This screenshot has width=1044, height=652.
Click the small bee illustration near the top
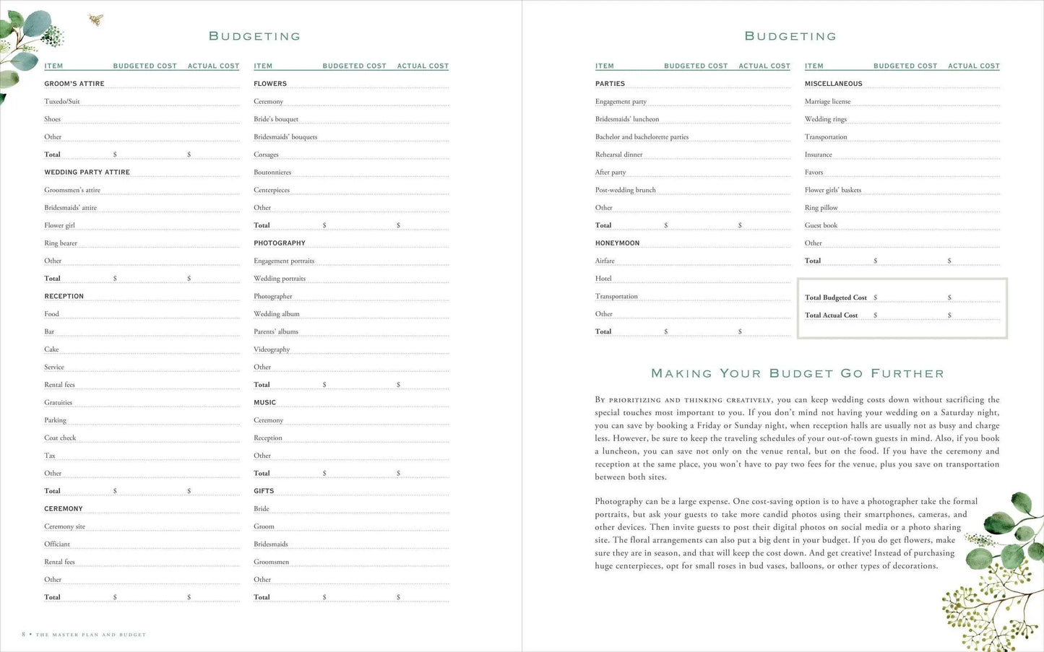[x=95, y=19]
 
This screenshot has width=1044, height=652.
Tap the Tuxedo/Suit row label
[x=62, y=102]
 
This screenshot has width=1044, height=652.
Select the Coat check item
[x=60, y=438]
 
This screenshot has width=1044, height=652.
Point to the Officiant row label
[x=57, y=544]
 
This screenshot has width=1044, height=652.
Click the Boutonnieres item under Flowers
[x=272, y=173]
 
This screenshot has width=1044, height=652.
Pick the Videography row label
[x=272, y=349]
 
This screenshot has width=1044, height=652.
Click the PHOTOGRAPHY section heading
[x=280, y=243]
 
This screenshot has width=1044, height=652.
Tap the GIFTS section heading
[x=264, y=491]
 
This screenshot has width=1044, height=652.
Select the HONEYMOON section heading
[x=617, y=243]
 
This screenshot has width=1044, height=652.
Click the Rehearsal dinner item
[x=618, y=155]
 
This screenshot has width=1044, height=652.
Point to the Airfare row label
[x=605, y=261]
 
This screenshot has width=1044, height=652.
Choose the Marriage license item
[x=827, y=102]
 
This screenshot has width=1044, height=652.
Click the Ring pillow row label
[x=821, y=208]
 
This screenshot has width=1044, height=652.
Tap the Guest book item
[x=821, y=225]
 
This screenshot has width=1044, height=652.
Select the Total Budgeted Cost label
[x=836, y=297]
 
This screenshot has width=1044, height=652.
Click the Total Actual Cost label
[x=832, y=316]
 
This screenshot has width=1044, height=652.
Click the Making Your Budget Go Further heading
[x=798, y=373]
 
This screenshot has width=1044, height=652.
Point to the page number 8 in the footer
[x=24, y=635]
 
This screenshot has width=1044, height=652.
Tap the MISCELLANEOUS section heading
[x=834, y=84]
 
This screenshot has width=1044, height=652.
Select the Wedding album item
[x=277, y=314]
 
